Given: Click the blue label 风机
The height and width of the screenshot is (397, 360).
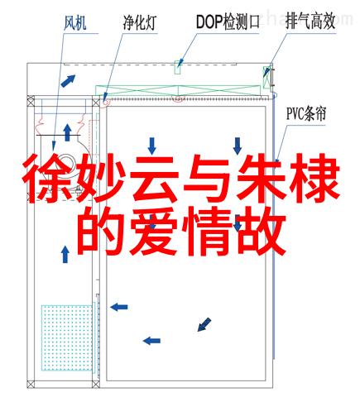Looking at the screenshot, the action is coord(74,23).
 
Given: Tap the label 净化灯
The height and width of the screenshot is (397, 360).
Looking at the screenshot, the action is coord(140,23).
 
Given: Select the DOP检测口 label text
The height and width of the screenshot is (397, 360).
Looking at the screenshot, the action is coord(228,22).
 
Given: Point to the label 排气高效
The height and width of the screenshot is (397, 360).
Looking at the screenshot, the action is coord(310,21).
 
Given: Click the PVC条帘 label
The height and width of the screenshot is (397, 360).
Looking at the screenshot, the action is coord(306,113).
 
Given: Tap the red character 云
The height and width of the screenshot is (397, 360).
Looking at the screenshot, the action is coord(154,179).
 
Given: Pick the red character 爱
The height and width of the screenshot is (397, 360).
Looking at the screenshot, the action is coord(154,232).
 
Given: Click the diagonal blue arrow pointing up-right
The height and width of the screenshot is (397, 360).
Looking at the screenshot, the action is coord(68,80).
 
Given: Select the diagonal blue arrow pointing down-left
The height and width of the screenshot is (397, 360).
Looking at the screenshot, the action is coord(204,324).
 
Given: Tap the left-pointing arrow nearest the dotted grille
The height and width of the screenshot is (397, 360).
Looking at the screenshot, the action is coord(119,307).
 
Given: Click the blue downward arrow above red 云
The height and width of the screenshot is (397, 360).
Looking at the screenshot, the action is coord(151,146).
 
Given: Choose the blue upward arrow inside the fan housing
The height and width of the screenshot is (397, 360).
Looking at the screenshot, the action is coord(67,132).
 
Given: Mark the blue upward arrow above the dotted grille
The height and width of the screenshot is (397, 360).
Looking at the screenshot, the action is coord(65,254).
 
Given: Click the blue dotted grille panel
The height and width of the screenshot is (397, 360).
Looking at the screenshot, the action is coord(67,337).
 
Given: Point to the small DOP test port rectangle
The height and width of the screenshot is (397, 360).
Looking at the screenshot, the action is coord(178,68).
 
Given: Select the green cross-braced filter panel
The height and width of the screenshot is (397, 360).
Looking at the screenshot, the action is coord(178,90).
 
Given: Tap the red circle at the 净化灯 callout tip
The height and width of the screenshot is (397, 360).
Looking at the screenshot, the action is coord(105,103).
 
